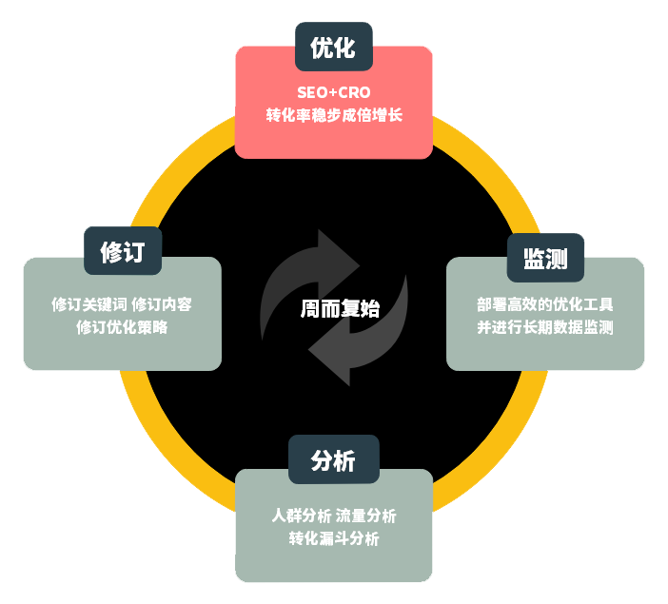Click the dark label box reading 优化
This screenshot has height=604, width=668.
(333, 48)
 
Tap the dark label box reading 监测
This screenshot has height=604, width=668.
(545, 258)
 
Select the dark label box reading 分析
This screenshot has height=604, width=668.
(333, 461)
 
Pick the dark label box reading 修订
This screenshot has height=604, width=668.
(123, 252)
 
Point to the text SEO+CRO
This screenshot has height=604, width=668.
(333, 93)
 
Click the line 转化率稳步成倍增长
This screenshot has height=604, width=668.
(333, 116)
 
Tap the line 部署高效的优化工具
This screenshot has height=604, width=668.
(545, 305)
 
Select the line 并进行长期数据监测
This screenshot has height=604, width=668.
(545, 328)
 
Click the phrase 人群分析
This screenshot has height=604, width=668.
(302, 516)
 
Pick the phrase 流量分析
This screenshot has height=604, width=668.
(366, 516)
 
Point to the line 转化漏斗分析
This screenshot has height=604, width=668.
(333, 538)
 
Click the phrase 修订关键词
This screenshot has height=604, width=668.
(88, 305)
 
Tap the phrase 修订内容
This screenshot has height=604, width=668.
(162, 305)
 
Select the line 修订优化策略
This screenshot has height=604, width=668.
(123, 328)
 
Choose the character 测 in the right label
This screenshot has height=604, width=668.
(558, 258)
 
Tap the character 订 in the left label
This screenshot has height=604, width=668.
(135, 252)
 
